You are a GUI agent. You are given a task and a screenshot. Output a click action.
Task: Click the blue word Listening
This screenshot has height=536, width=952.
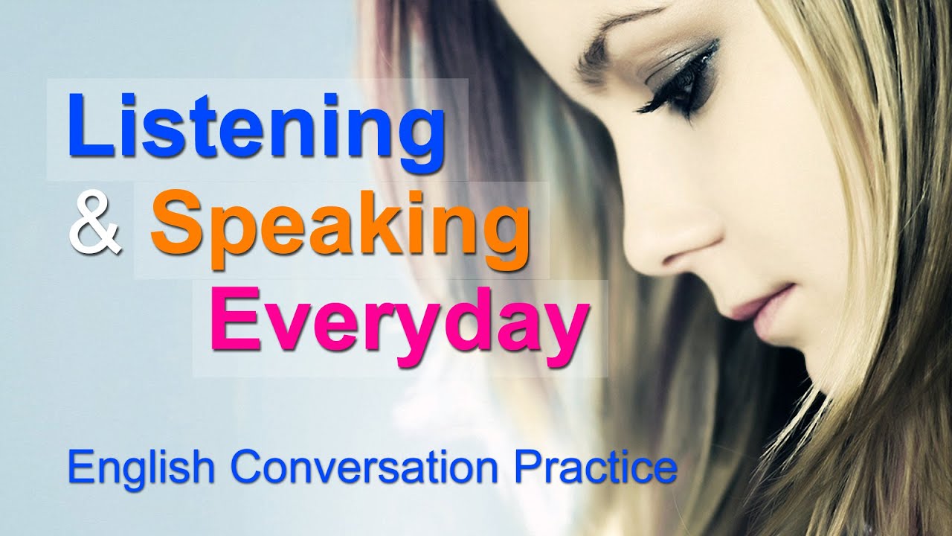257,127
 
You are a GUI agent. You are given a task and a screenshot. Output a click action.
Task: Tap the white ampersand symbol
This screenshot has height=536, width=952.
94,224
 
